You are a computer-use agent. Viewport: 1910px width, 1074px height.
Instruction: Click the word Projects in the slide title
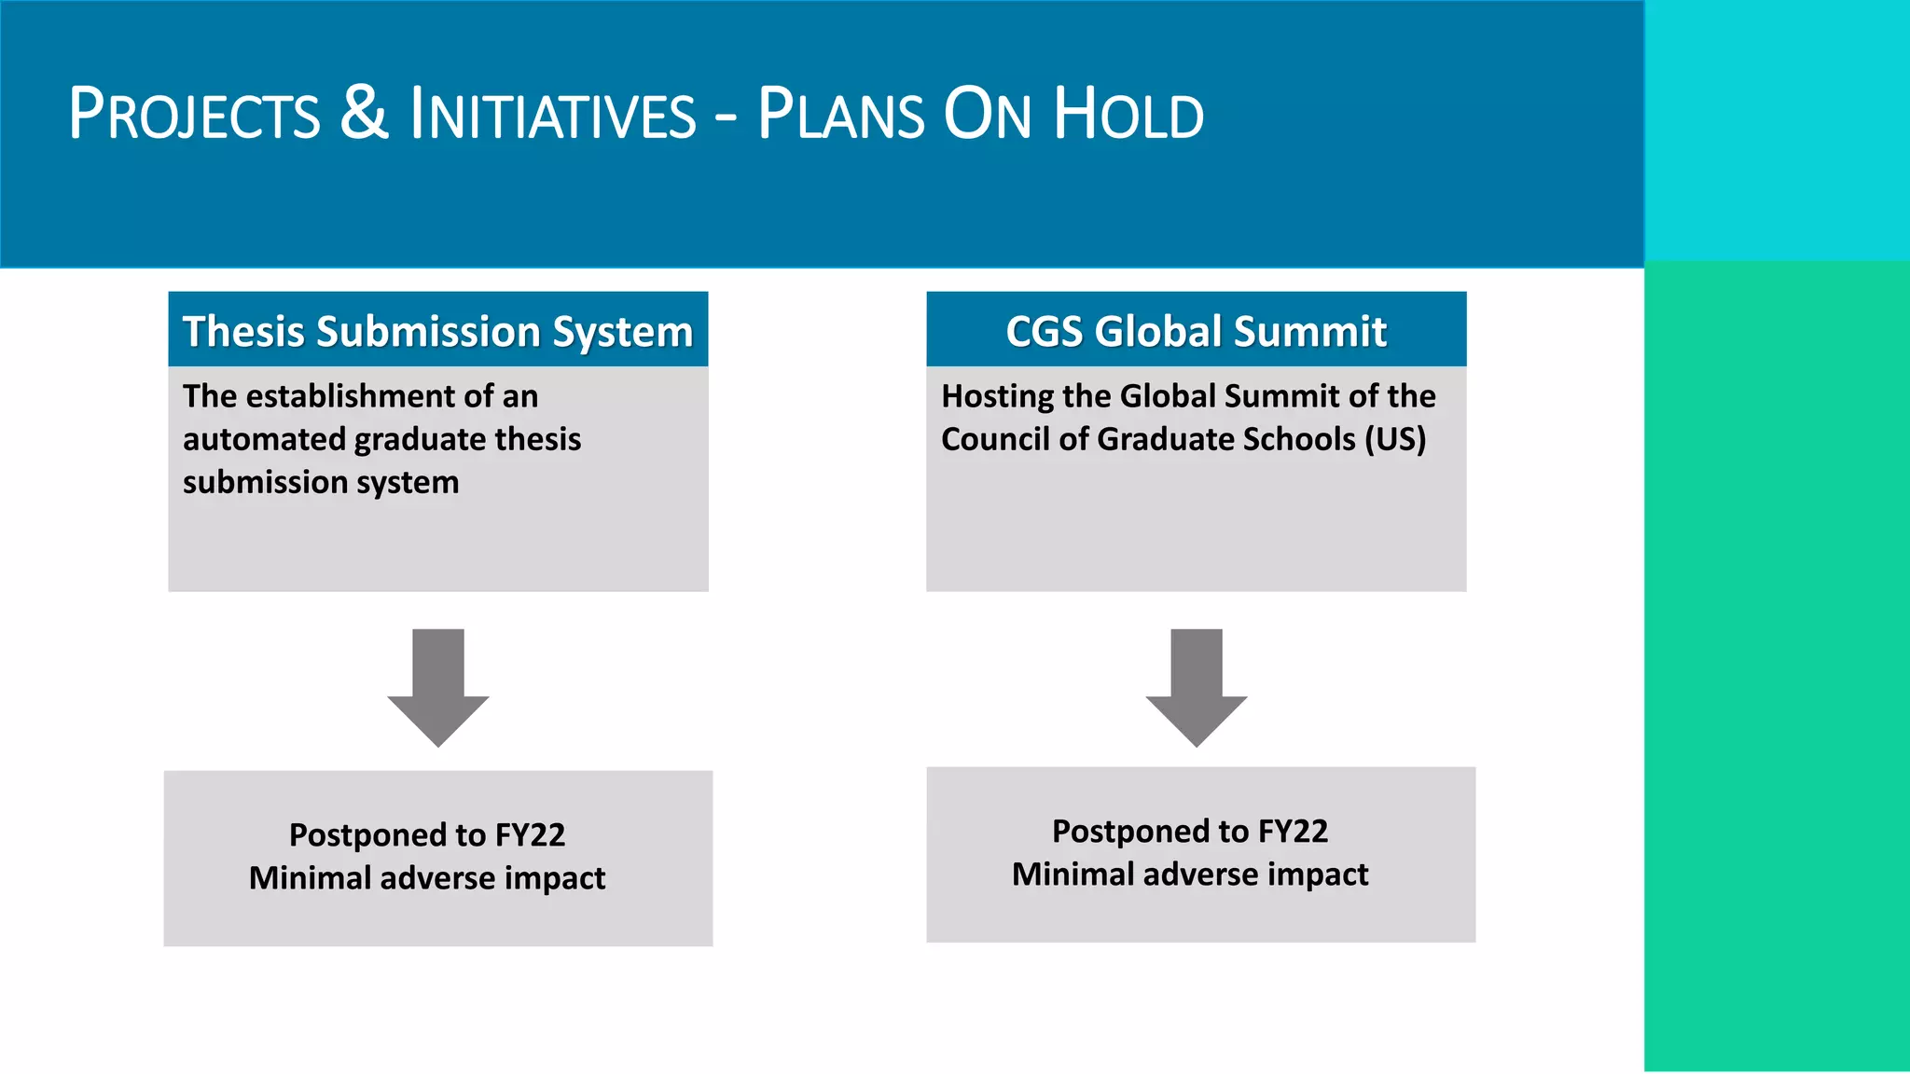coord(194,115)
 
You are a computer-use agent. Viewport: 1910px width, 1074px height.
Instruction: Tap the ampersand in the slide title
coord(364,113)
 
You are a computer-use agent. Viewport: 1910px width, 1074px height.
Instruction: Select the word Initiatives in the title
coord(553,115)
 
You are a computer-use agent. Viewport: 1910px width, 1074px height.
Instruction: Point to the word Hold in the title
coord(1128,115)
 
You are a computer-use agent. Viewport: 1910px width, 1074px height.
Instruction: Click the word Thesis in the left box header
coord(243,332)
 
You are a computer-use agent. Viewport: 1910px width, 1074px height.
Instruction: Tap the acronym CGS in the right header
coord(1044,332)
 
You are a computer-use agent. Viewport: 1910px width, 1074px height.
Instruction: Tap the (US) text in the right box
coord(1395,439)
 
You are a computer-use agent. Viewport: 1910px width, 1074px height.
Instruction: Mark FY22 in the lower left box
coord(530,835)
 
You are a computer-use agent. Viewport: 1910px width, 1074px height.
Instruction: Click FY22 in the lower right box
coord(1293,832)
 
